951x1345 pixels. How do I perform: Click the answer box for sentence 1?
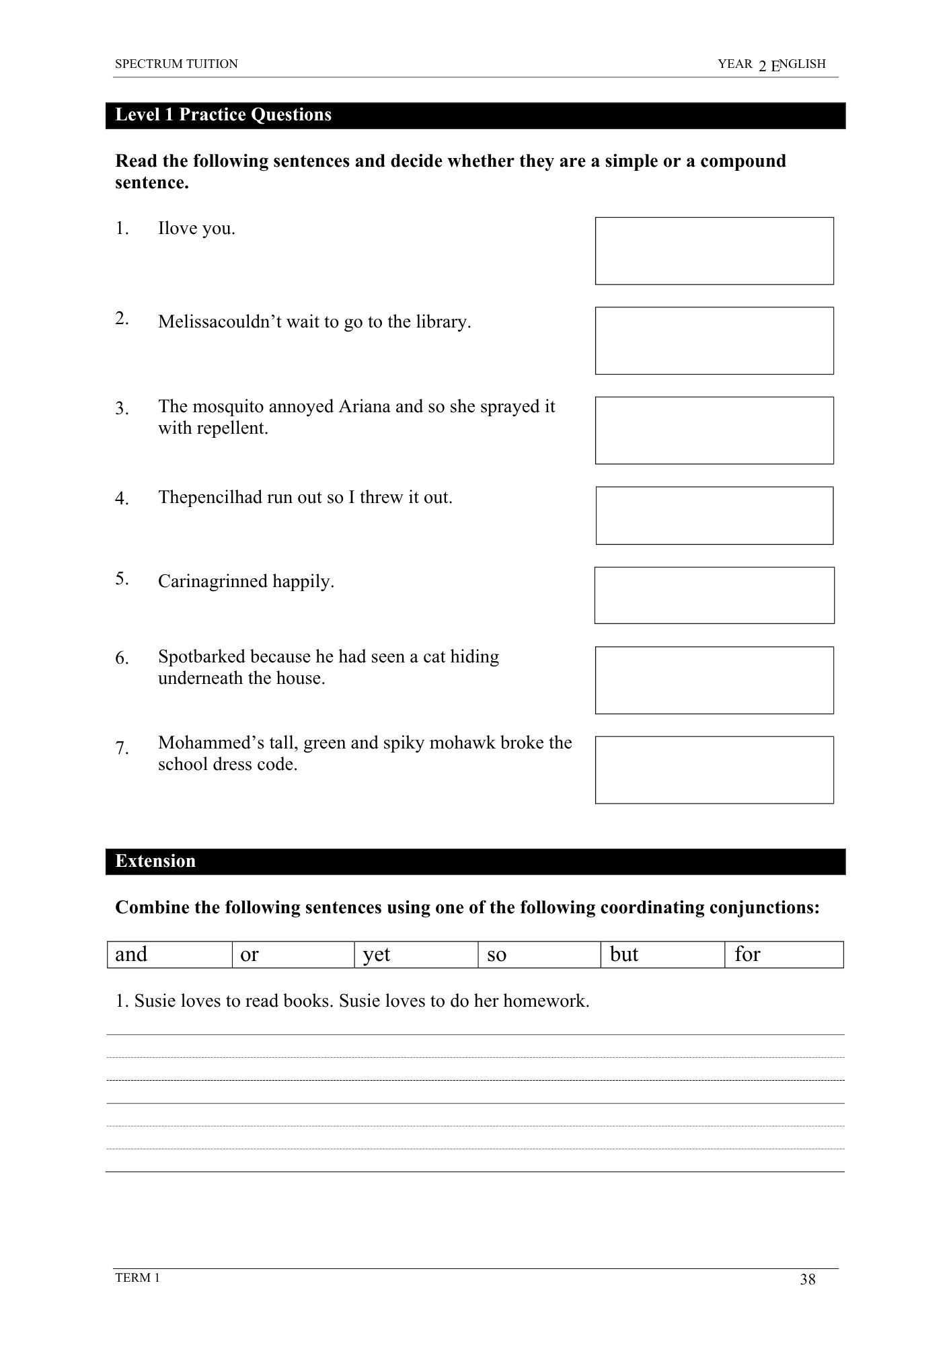[x=714, y=251]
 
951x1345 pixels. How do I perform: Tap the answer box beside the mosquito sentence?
[x=714, y=430]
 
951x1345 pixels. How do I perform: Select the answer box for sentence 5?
[x=714, y=595]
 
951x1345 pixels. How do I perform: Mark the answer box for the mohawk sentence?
[x=714, y=770]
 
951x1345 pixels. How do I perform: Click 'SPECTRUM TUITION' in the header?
[x=176, y=64]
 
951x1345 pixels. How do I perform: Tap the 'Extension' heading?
[x=155, y=861]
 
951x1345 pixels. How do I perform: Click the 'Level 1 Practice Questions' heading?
[x=223, y=115]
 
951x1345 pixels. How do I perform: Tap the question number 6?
[x=122, y=658]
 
